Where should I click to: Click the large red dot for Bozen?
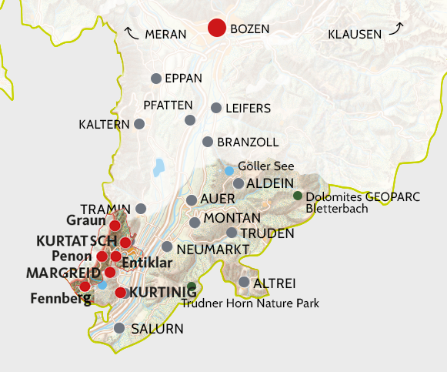click(218, 28)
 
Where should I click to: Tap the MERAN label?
click(165, 35)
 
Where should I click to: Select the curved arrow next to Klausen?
click(396, 29)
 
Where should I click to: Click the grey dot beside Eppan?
click(156, 79)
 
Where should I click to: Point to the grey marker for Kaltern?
click(139, 124)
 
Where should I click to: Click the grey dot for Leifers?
click(216, 108)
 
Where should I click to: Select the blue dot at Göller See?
click(229, 170)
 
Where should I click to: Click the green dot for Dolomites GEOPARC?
click(298, 196)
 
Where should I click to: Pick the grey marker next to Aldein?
click(239, 183)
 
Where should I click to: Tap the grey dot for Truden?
click(232, 233)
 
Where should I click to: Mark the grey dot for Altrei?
click(244, 282)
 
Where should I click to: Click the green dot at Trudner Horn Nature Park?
click(192, 287)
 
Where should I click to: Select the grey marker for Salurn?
click(119, 328)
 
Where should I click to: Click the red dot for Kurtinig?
click(120, 293)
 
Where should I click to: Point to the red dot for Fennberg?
click(85, 287)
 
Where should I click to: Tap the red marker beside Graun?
click(115, 226)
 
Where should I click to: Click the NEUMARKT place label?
click(212, 250)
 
